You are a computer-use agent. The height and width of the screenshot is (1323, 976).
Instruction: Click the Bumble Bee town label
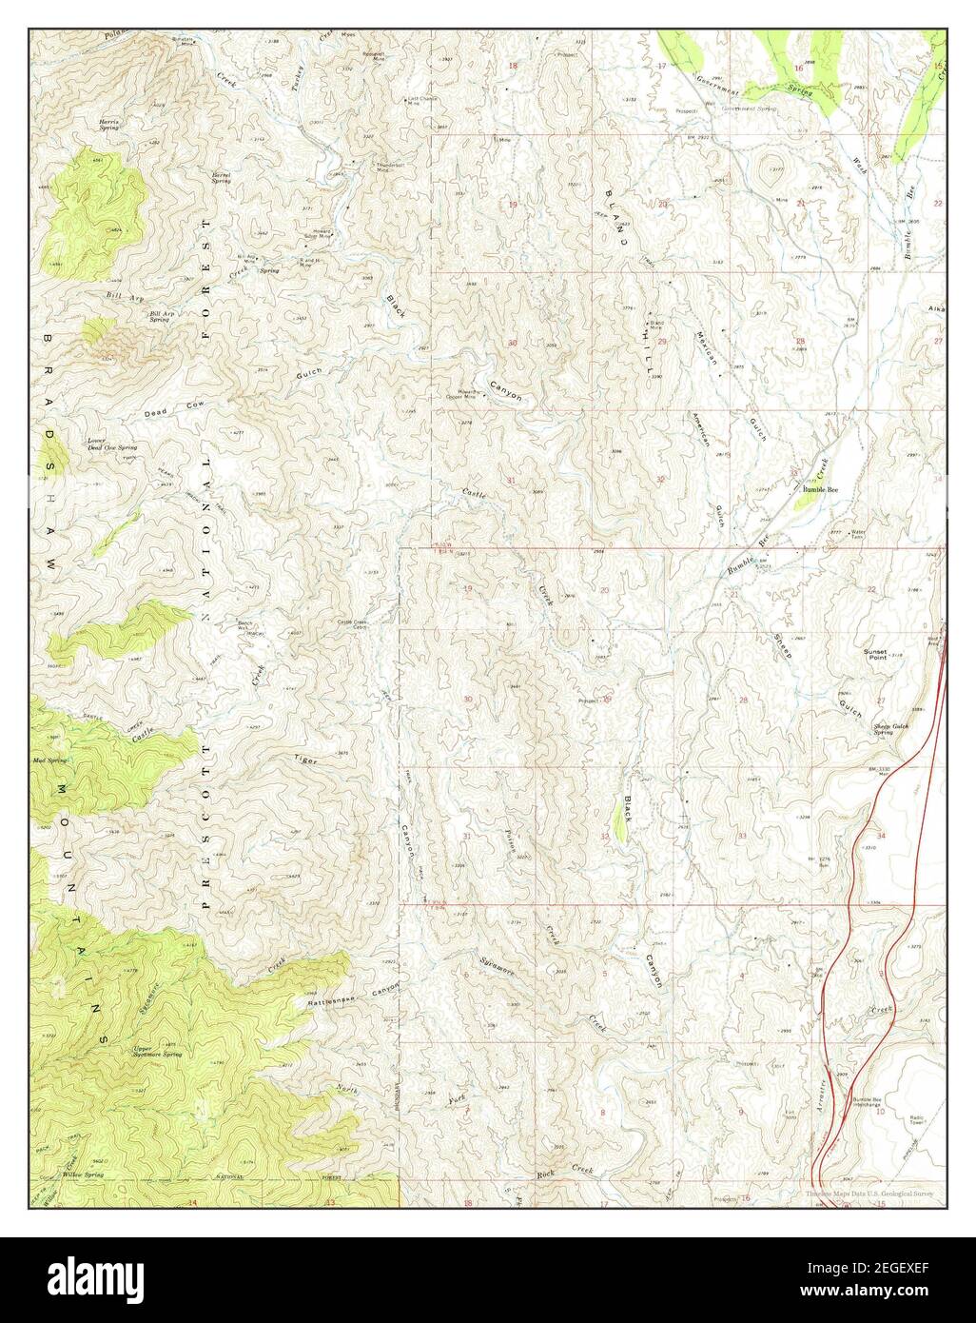tap(821, 489)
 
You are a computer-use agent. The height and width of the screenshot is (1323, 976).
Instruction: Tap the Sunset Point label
tap(874, 655)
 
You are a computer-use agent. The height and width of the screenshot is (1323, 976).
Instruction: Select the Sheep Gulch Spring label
tap(890, 729)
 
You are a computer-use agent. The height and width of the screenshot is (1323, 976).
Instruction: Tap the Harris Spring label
tap(109, 125)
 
